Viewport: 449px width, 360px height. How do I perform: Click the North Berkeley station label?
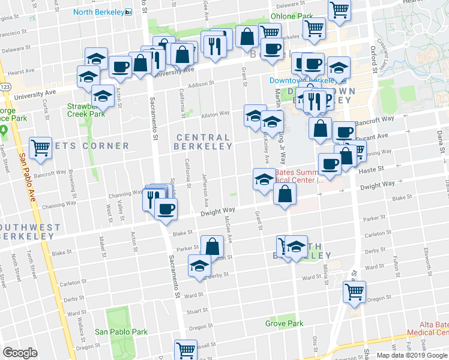[x=98, y=11]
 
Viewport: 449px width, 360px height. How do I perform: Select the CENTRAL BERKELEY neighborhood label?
[x=203, y=142]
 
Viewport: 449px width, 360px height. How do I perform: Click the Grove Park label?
[x=285, y=323]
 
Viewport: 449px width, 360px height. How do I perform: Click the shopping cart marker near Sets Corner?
[x=40, y=147]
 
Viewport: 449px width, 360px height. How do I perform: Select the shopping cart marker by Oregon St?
[x=354, y=292]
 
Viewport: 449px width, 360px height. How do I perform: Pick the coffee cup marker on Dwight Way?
[x=165, y=209]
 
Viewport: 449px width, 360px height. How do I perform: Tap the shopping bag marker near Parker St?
[x=212, y=246]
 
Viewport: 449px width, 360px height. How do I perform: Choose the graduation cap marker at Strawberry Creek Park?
[x=103, y=96]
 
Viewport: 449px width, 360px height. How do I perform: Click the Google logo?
[x=20, y=353]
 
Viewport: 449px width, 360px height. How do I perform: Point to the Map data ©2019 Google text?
[x=411, y=355]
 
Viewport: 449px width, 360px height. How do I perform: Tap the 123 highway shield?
[x=5, y=86]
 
